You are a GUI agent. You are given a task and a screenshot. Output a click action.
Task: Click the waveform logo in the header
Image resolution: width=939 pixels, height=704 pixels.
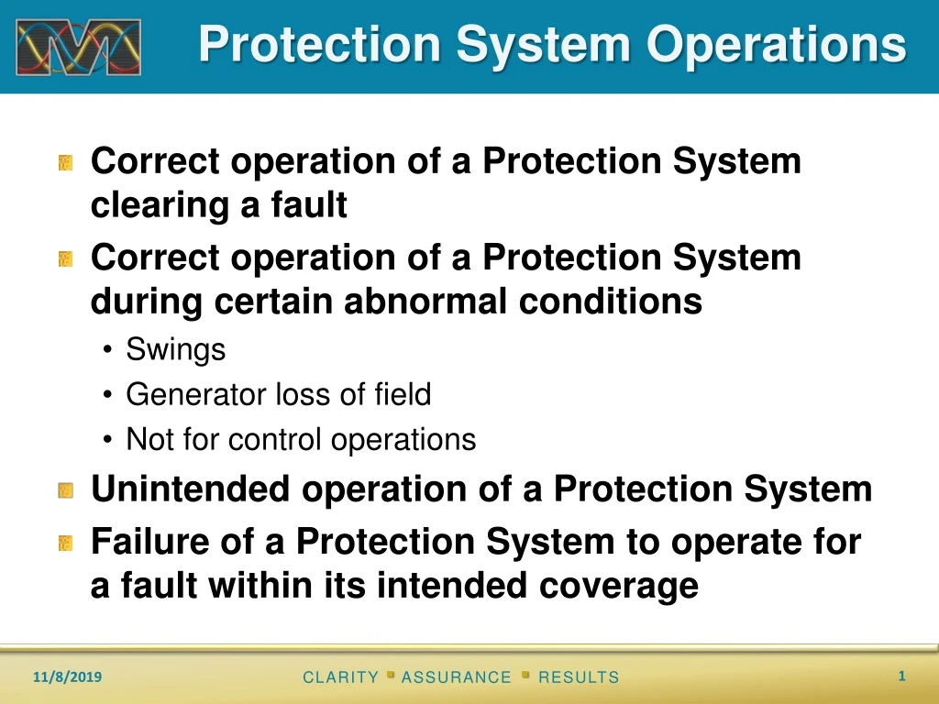point(78,47)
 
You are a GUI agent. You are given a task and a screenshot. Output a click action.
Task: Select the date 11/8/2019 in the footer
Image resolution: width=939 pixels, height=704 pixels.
point(68,677)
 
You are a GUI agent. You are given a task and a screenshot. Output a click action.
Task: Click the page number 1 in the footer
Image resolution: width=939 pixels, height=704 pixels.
point(901,676)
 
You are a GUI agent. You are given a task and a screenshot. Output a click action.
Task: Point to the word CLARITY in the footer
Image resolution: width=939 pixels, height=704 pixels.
point(340,677)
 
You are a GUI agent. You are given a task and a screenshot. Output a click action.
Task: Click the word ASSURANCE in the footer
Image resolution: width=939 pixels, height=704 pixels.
point(457,677)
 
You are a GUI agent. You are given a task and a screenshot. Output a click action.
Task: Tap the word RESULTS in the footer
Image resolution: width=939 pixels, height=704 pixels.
point(579,677)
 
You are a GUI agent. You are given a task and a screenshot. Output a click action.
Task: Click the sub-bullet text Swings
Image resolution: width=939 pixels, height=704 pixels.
point(175,349)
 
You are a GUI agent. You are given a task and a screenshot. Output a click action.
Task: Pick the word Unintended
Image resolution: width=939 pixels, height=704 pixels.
point(191,489)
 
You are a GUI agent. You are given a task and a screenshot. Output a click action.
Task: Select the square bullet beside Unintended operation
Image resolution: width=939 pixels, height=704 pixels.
point(65,491)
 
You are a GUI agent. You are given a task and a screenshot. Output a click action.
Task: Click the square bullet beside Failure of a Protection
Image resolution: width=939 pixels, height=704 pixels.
point(65,544)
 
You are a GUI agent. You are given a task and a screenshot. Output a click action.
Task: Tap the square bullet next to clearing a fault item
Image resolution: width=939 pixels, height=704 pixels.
point(65,163)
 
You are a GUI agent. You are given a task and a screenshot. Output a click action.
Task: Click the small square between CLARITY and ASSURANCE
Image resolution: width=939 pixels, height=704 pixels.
point(391,674)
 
